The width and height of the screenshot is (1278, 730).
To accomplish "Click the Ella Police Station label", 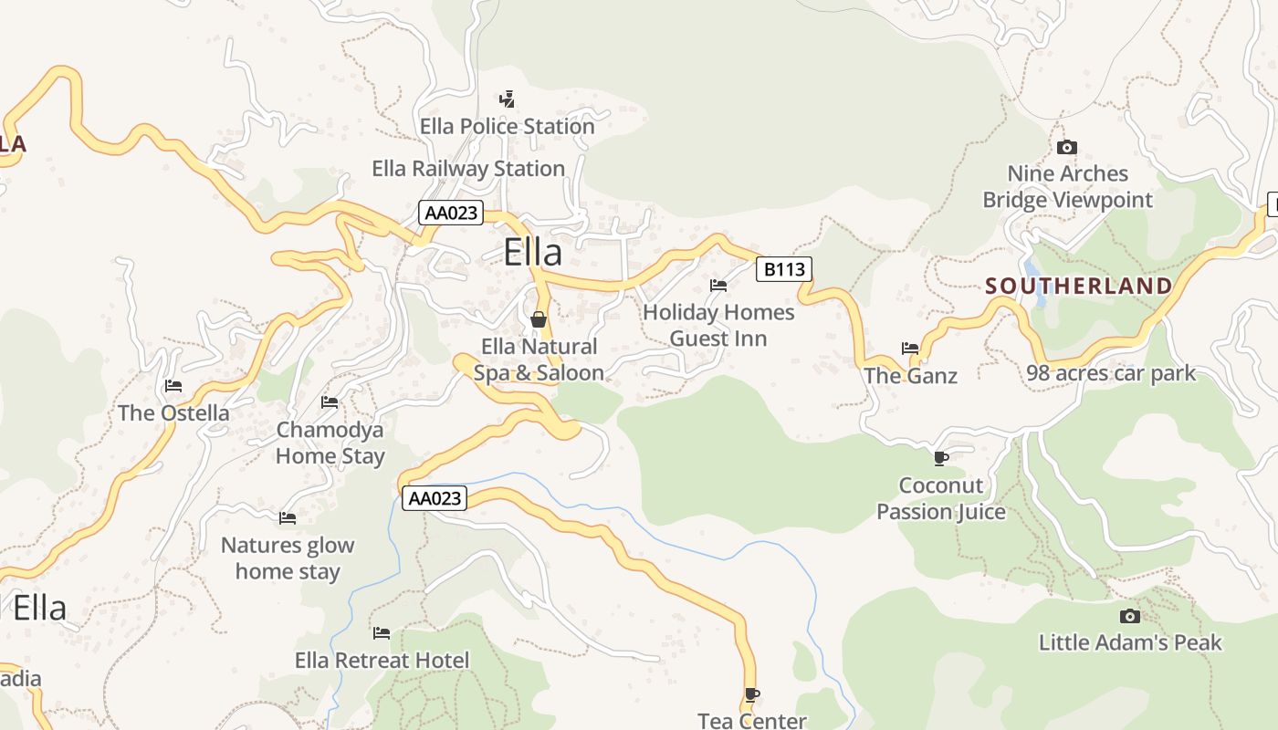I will coord(507,127).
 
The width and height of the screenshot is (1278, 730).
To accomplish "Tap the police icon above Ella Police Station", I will coord(507,99).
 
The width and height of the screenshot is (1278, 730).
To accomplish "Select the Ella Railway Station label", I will coord(468,169).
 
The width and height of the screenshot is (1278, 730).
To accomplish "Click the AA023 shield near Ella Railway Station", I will coord(450,213).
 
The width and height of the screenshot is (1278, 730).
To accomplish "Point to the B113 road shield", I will coord(783,269).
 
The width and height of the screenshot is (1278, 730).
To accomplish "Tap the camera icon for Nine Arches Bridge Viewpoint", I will coord(1066,147).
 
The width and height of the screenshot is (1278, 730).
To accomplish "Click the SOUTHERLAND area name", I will coord(1078,286).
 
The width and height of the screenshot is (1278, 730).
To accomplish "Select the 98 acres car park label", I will coord(1111,373).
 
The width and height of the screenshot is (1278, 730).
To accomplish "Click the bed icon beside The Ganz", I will coord(910,348).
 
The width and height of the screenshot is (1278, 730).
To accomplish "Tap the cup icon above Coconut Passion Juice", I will coord(941,457).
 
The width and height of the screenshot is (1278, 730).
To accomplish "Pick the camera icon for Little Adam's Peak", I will coord(1129,616).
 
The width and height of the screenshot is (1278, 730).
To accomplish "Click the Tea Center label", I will coord(752,721).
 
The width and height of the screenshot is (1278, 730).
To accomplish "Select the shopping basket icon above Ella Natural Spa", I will coord(539,319).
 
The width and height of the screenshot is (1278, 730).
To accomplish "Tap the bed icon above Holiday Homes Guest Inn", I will coord(718,286).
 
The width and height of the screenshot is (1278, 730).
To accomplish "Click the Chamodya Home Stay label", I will coord(330,443).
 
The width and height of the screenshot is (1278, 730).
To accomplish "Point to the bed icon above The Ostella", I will coord(173,386).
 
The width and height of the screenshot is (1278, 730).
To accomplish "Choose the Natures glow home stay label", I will coord(287,558).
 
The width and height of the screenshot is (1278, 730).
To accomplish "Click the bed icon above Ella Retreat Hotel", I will coord(382,633).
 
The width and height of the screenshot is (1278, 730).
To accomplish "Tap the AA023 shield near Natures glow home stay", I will coord(435,498).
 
